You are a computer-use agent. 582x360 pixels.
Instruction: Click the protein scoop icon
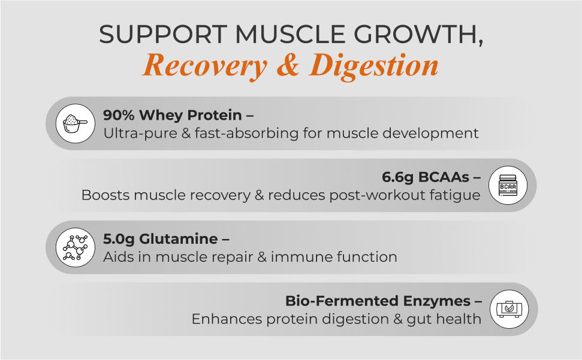point(76,123)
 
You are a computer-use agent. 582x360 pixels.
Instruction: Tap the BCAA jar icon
point(508,185)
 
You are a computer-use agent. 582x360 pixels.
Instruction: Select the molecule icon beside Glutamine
point(76,247)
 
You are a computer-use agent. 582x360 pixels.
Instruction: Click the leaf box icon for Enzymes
point(509,309)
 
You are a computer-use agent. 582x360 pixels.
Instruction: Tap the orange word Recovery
point(205,66)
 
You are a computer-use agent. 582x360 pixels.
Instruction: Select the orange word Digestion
point(374,66)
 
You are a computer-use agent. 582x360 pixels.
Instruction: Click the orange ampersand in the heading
point(288,65)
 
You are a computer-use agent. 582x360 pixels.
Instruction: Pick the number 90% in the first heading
point(119,115)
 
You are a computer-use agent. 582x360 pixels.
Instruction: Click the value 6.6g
point(397,177)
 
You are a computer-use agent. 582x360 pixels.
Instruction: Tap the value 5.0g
point(119,239)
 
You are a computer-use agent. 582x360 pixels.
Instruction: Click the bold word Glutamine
point(179,239)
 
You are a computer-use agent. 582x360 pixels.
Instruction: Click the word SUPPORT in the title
point(163,34)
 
